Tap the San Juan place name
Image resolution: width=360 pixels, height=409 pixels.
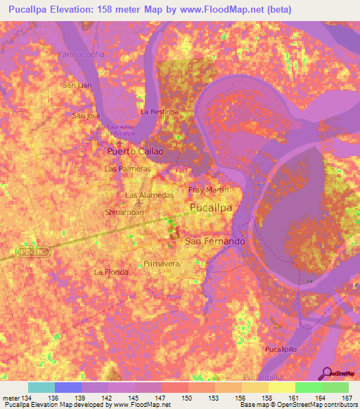pyautogui.click(x=77, y=86)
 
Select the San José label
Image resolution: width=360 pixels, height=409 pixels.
pyautogui.click(x=88, y=115)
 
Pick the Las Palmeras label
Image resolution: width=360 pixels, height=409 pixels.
pyautogui.click(x=127, y=169)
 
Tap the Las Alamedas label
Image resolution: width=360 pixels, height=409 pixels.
pyautogui.click(x=149, y=195)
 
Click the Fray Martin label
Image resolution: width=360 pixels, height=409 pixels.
pyautogui.click(x=209, y=190)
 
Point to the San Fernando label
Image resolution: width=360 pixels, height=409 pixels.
pyautogui.click(x=215, y=241)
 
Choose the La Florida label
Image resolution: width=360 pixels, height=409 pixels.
pyautogui.click(x=112, y=271)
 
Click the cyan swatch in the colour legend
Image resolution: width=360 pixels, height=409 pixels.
pyautogui.click(x=41, y=387)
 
